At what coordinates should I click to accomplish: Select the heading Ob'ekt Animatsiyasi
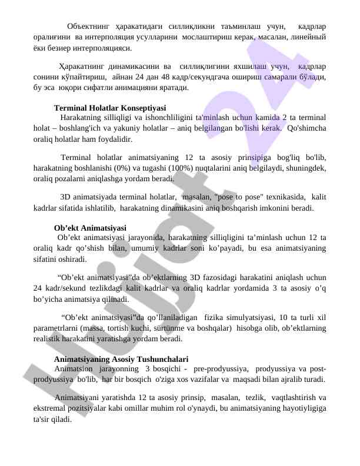coord(89,228)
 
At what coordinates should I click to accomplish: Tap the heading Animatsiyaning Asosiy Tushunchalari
coord(121,359)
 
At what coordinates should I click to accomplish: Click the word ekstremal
coord(51,410)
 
